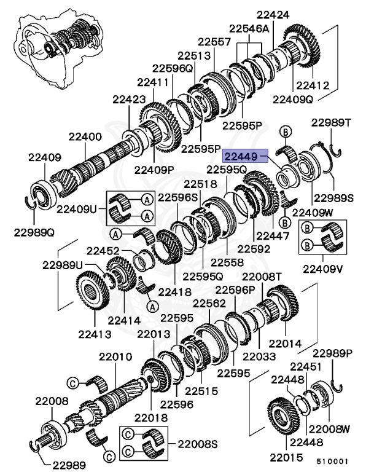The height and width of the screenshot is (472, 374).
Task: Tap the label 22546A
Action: click(x=249, y=28)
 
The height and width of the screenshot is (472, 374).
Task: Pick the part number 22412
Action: click(x=313, y=85)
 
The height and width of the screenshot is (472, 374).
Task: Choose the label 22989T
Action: click(x=335, y=123)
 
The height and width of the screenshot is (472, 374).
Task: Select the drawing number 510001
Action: click(x=332, y=460)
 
